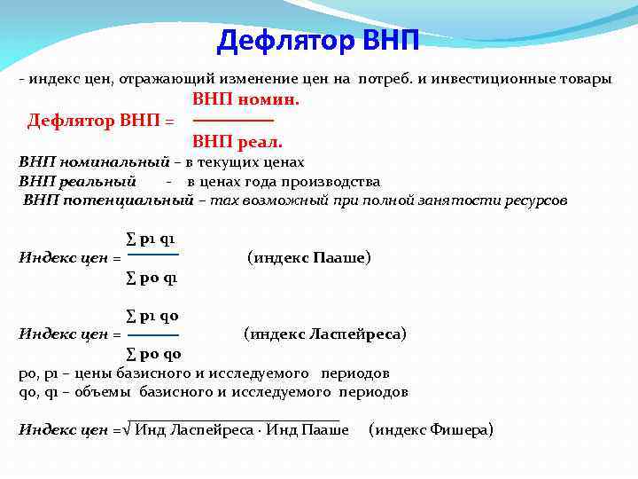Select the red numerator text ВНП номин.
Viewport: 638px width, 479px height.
click(x=245, y=100)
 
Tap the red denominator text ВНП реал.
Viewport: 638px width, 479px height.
click(x=237, y=141)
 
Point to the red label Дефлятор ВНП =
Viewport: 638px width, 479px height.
click(x=100, y=121)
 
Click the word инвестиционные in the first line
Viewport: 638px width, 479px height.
click(x=480, y=79)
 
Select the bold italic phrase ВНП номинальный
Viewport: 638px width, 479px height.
click(x=94, y=162)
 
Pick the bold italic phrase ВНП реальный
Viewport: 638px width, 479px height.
click(x=77, y=182)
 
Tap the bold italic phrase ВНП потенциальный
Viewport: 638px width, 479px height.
click(x=108, y=200)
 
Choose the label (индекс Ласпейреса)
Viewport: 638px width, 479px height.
click(x=325, y=334)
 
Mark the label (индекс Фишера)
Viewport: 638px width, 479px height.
click(x=430, y=430)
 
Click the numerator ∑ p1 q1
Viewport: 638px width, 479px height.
click(x=151, y=239)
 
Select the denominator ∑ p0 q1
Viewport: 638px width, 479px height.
click(x=152, y=279)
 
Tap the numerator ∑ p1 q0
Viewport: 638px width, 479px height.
click(x=152, y=316)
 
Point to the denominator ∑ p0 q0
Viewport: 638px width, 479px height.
click(x=152, y=354)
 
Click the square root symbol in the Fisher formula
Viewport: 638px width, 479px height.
click(x=128, y=430)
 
